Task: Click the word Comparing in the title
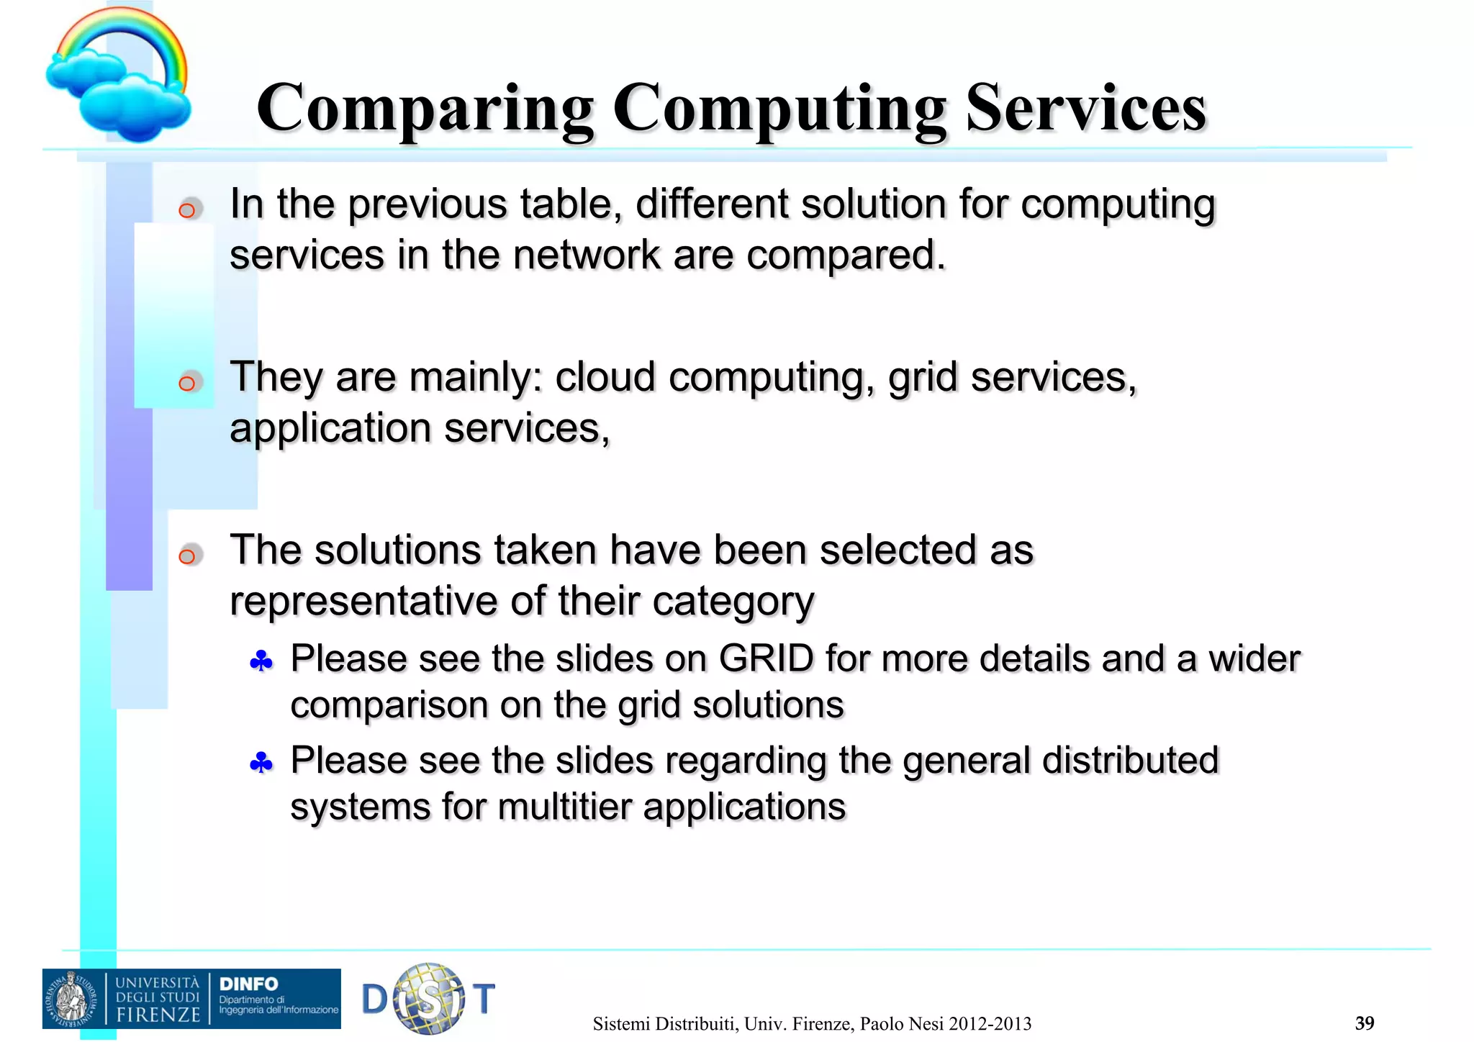pos(425,109)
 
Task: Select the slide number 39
pos(1364,1023)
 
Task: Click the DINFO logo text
pos(248,984)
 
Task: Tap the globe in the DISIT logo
pos(430,998)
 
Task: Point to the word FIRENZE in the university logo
pos(158,1015)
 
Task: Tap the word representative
pos(363,601)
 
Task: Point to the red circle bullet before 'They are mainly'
pos(187,382)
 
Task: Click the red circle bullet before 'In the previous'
pos(187,209)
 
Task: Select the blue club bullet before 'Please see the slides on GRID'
pos(261,661)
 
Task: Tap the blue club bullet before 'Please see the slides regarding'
pos(261,762)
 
